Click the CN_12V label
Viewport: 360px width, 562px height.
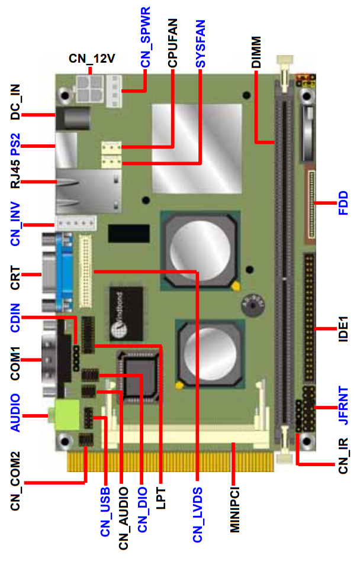coord(92,59)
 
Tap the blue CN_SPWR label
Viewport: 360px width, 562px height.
coord(145,37)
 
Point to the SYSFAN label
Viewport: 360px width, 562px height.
coord(201,44)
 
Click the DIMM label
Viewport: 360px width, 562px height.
coord(256,52)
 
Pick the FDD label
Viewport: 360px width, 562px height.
coord(343,203)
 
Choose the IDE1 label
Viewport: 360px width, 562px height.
coord(343,329)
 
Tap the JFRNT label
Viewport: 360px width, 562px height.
coord(343,405)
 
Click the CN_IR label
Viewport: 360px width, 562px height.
coord(343,456)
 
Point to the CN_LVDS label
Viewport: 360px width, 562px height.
coord(198,515)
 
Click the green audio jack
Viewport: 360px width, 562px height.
coord(65,415)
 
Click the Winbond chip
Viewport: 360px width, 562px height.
coord(126,314)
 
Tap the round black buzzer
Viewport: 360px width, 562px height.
coord(253,305)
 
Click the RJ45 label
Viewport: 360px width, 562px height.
coord(15,175)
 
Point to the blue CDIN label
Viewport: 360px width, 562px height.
coord(15,318)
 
